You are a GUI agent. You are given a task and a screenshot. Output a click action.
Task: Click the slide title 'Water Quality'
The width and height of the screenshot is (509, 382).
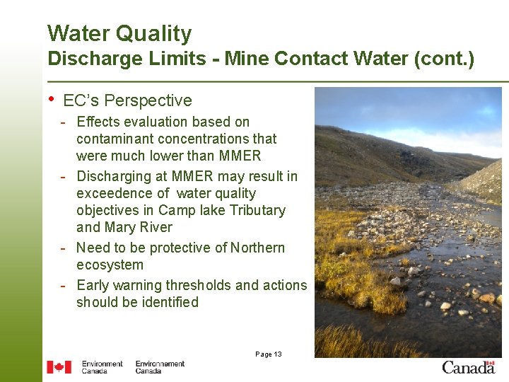119,33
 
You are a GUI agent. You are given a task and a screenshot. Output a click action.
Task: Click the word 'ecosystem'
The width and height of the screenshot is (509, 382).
110,265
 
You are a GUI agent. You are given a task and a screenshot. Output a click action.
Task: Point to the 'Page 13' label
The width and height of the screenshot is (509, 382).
268,354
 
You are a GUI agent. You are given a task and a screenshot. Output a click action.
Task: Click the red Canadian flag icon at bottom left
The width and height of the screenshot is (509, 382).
59,366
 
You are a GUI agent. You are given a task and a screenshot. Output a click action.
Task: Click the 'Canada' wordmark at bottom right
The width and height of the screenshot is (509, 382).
468,366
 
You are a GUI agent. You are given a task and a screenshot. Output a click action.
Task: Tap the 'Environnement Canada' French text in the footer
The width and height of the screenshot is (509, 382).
160,367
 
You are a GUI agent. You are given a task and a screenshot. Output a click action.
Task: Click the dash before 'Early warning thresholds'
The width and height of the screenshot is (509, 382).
64,285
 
